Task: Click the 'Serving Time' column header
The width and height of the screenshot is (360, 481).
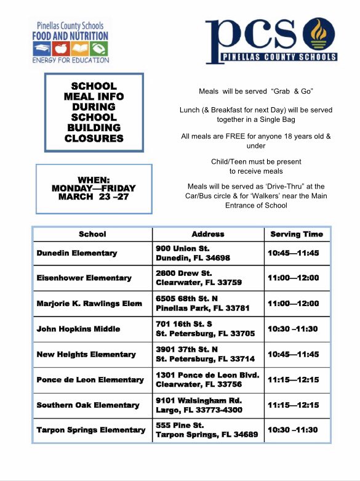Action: (x=297, y=234)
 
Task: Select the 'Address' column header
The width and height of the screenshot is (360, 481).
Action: (x=208, y=234)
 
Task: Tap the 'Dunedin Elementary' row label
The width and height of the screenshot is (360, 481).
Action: (x=76, y=253)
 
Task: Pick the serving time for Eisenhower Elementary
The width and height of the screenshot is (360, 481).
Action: (x=293, y=278)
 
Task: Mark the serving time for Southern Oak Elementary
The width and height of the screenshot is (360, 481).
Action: (x=293, y=405)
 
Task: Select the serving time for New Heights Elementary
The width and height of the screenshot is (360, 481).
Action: (x=293, y=354)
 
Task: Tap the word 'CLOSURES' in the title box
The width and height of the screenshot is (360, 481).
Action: (x=94, y=139)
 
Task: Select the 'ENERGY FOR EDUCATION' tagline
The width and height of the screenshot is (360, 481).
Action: (x=70, y=60)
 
